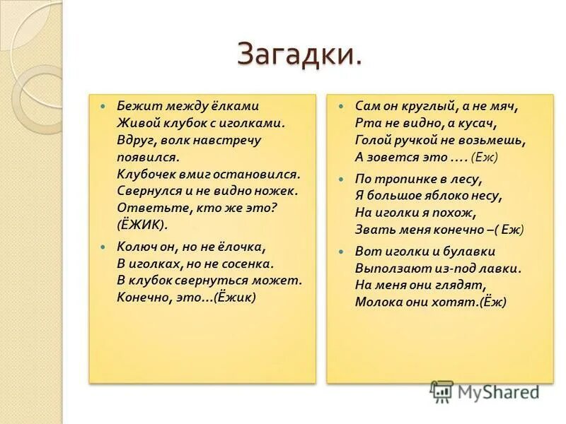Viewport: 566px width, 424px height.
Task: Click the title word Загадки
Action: (x=299, y=54)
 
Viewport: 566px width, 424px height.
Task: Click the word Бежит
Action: (x=134, y=106)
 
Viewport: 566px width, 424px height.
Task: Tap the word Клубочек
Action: (x=146, y=173)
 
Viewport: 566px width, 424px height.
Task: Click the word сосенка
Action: (x=247, y=264)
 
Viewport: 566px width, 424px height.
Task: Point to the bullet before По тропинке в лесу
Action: (x=341, y=179)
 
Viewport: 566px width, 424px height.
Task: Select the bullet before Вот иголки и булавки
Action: (x=341, y=252)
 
